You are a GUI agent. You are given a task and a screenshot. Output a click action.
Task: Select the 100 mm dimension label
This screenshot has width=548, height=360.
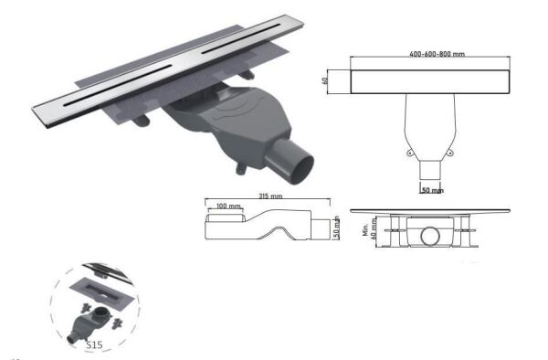(224, 207)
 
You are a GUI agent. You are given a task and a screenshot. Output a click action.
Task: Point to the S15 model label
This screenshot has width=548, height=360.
(93, 344)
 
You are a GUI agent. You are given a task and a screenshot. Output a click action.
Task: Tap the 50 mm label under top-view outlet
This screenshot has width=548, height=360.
(432, 190)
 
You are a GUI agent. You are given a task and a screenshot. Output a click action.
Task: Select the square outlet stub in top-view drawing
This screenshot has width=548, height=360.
(430, 171)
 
